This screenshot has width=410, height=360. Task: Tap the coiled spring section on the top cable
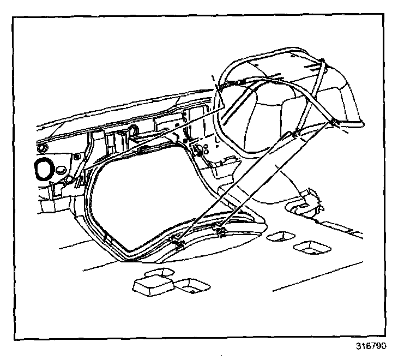point(236,82)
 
